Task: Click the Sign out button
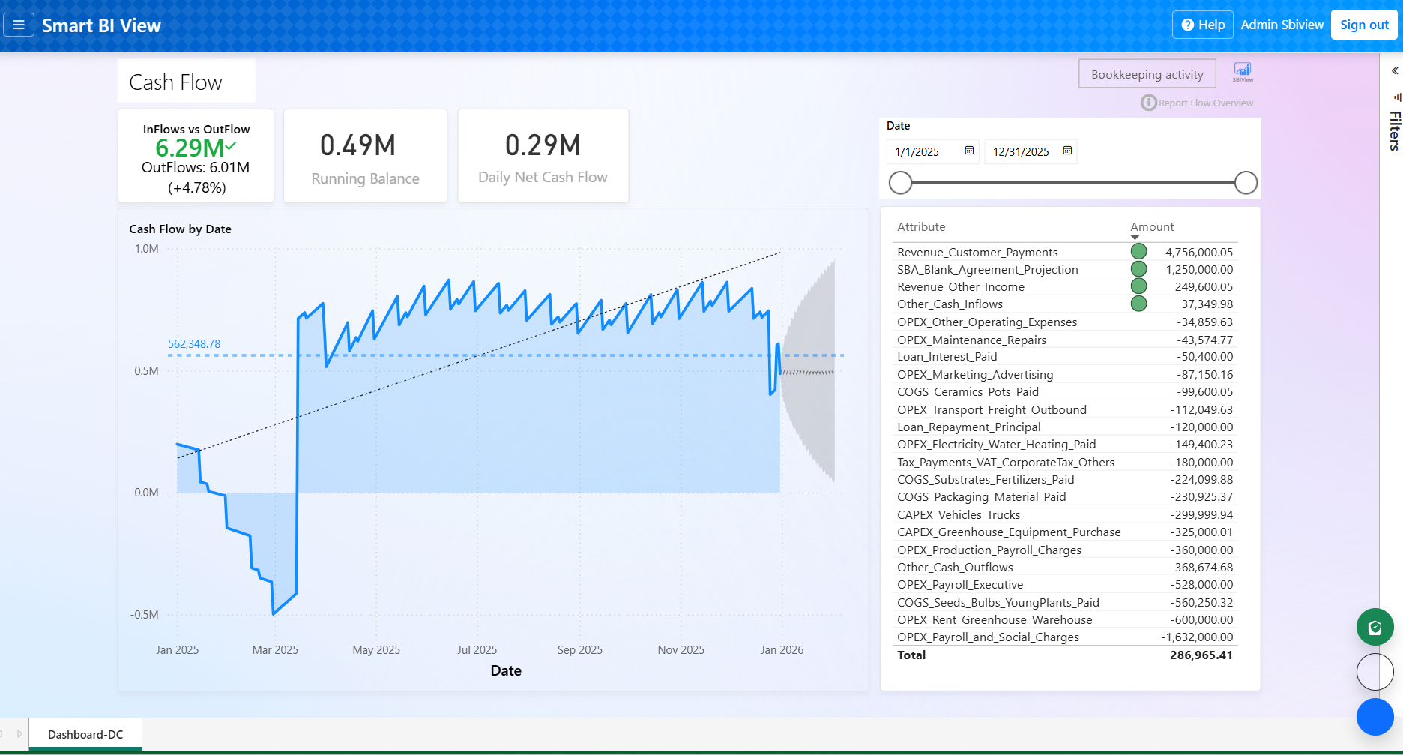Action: [x=1363, y=25]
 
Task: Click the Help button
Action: [x=1203, y=25]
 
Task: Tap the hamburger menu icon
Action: [x=19, y=25]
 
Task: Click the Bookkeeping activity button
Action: [x=1147, y=74]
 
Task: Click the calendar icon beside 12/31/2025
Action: [x=1067, y=151]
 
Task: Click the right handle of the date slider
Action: [x=1245, y=182]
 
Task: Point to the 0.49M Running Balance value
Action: [x=357, y=145]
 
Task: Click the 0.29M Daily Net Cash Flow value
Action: [x=543, y=145]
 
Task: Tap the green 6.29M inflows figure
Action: [x=190, y=148]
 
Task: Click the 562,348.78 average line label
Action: [x=194, y=344]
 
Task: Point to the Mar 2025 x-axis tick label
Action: [x=275, y=650]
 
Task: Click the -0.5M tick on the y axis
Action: [x=145, y=615]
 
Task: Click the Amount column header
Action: [x=1152, y=227]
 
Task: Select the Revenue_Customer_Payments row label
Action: [x=977, y=253]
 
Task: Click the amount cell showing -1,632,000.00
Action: [x=1197, y=637]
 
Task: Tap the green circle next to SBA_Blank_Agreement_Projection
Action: [x=1138, y=269]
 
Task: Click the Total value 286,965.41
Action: [x=1201, y=655]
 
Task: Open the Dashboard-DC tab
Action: [x=85, y=735]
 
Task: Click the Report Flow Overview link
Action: [x=1205, y=103]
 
